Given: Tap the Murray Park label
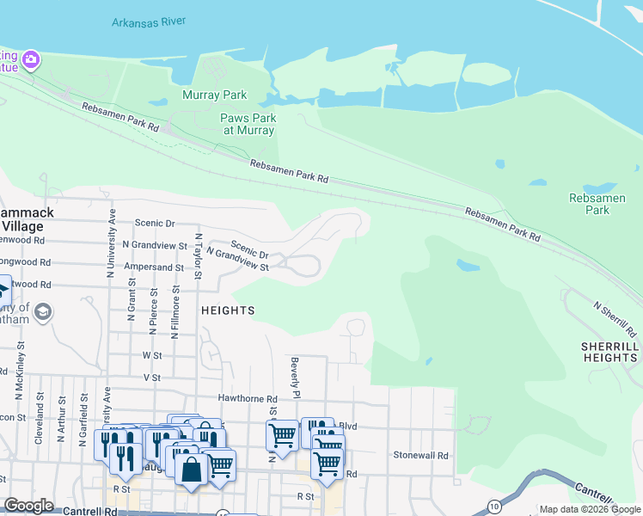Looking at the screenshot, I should (214, 95).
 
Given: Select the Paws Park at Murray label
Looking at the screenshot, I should (248, 124).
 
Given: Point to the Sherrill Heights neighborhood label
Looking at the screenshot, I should (609, 351).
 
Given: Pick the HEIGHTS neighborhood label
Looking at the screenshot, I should (227, 310).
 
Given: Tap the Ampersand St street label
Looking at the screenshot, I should (156, 267).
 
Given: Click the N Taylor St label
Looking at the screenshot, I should (198, 257).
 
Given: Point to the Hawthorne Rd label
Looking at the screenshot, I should (248, 399).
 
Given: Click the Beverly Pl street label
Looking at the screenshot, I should (294, 378).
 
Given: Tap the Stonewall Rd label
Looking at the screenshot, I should (420, 455).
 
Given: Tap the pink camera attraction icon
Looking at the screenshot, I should (32, 59).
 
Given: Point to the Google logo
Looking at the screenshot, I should (28, 506).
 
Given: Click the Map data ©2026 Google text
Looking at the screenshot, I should (590, 509).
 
